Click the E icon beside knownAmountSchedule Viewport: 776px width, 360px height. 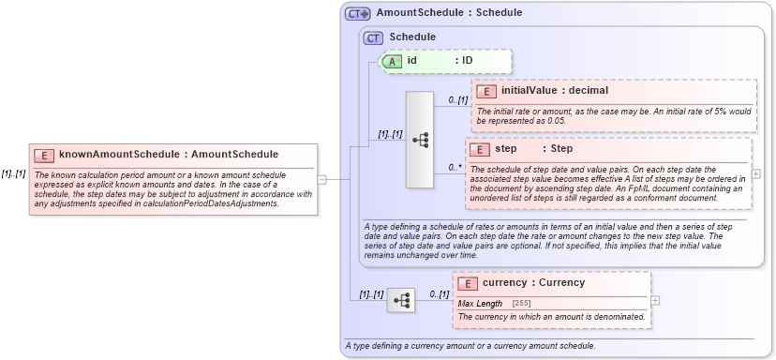click(x=43, y=155)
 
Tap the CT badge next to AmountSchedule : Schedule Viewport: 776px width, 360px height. click(x=357, y=13)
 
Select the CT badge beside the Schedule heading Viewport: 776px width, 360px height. click(x=374, y=37)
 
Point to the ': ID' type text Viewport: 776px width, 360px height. click(x=463, y=60)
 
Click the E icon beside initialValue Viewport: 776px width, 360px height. click(x=485, y=91)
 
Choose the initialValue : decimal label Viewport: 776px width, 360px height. click(x=555, y=91)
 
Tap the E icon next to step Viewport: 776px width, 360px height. click(x=479, y=149)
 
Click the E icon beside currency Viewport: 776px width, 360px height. click(x=467, y=283)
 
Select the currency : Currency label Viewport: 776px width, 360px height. click(x=533, y=283)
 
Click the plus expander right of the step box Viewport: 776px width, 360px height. click(x=756, y=173)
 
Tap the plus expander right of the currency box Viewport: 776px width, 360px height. click(x=655, y=300)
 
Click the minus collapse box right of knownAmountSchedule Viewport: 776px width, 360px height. click(x=321, y=179)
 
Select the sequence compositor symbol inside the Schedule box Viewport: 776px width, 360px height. click(x=419, y=140)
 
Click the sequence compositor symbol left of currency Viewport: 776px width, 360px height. click(x=401, y=300)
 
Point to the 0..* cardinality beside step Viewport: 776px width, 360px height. click(x=455, y=168)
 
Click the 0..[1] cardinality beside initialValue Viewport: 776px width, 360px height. click(x=457, y=99)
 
